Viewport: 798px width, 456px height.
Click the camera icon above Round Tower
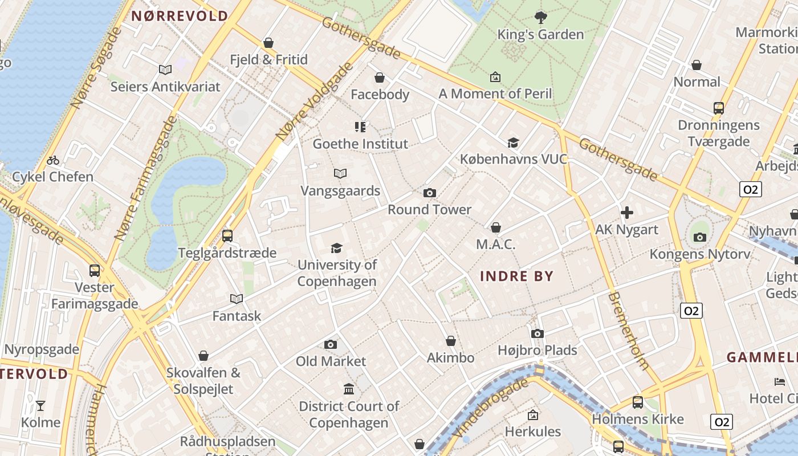(x=430, y=193)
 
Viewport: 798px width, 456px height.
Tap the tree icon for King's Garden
(x=540, y=18)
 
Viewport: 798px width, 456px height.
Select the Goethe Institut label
(x=360, y=144)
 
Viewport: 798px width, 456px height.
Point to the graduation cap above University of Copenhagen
(x=337, y=248)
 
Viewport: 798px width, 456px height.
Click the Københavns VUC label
(x=514, y=159)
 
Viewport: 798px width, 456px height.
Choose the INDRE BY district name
(x=516, y=276)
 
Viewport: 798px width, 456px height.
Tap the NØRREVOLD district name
(x=180, y=16)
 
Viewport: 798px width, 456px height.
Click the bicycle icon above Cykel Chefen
(x=53, y=160)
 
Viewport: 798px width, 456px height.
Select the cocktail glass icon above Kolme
(x=40, y=406)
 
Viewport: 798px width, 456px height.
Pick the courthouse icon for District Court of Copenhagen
(x=348, y=389)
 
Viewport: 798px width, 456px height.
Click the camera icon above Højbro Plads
(x=537, y=333)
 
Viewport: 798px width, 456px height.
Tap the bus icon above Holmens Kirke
(x=637, y=402)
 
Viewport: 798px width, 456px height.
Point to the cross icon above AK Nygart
(x=627, y=213)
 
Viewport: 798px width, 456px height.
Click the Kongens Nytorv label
(x=700, y=254)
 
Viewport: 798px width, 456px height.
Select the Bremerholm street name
(x=628, y=331)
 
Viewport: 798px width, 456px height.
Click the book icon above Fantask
(x=237, y=299)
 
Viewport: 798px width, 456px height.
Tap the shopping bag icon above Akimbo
(x=451, y=341)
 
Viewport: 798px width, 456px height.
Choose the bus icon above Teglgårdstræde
(x=227, y=235)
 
